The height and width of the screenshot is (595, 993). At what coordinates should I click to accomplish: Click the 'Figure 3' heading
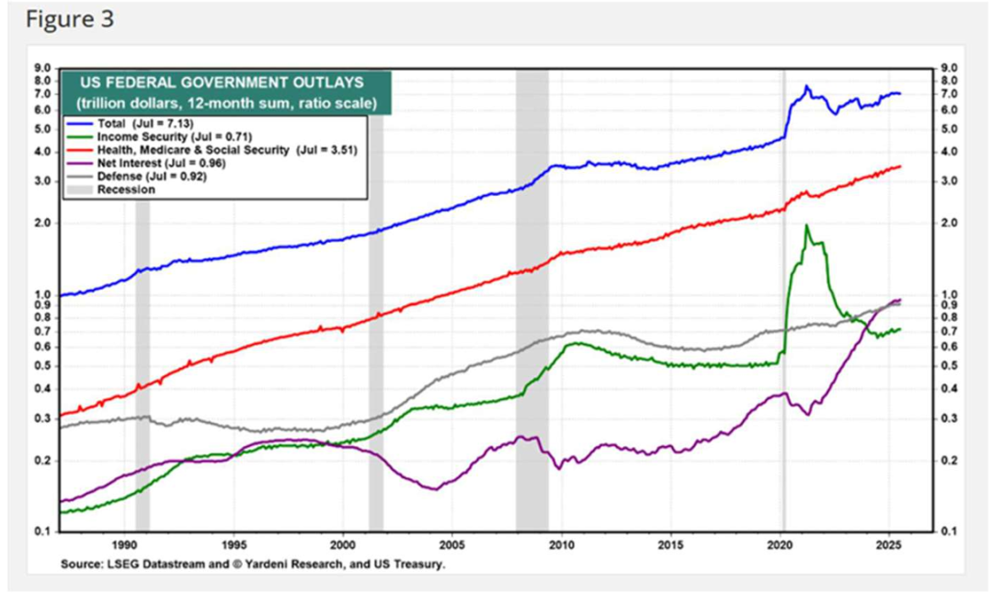(x=70, y=19)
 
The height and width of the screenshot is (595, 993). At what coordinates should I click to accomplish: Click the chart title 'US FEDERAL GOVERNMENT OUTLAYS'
(x=220, y=83)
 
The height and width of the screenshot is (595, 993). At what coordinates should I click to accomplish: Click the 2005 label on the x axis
(x=451, y=544)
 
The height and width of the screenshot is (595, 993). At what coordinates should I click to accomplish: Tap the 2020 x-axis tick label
(x=780, y=544)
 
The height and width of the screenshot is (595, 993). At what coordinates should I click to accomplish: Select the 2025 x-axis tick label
(x=888, y=544)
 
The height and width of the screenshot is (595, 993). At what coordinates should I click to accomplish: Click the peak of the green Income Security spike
(x=806, y=225)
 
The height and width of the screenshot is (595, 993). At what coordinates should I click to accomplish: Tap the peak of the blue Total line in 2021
(x=806, y=86)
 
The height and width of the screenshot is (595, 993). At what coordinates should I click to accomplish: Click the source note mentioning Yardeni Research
(x=253, y=564)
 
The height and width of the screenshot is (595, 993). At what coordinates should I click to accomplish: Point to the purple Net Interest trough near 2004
(x=434, y=488)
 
